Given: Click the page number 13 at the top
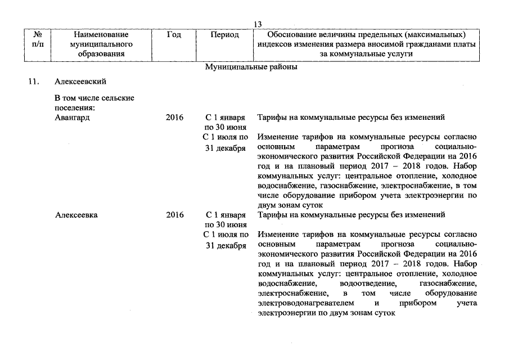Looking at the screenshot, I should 258,25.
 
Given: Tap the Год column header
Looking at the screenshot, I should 174,35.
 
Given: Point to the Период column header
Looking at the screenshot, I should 224,35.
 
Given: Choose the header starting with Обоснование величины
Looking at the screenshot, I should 367,44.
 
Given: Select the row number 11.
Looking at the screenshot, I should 34,83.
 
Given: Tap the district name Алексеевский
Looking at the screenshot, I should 80,83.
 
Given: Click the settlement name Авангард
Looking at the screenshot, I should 73,118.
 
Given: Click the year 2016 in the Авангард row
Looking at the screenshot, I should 175,118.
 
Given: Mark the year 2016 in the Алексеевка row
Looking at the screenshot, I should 175,215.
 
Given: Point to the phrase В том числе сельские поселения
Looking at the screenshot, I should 94,102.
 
